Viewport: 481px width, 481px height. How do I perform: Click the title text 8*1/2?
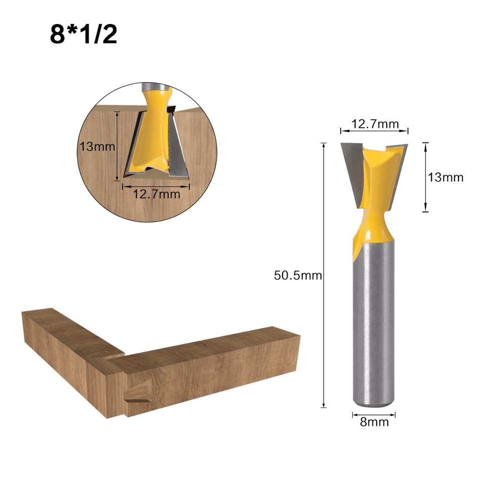[83, 34]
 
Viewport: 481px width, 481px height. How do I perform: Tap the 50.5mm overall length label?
[298, 275]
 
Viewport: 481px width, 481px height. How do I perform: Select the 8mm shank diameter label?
[374, 422]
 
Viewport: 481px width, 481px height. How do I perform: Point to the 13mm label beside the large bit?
[445, 177]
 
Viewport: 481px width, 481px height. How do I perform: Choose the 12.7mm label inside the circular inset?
[156, 194]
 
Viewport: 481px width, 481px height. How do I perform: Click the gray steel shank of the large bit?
[374, 321]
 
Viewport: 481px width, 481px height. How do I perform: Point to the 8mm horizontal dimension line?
[374, 414]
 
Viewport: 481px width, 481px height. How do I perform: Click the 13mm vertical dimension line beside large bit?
[425, 177]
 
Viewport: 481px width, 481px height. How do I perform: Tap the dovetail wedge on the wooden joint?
[137, 396]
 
